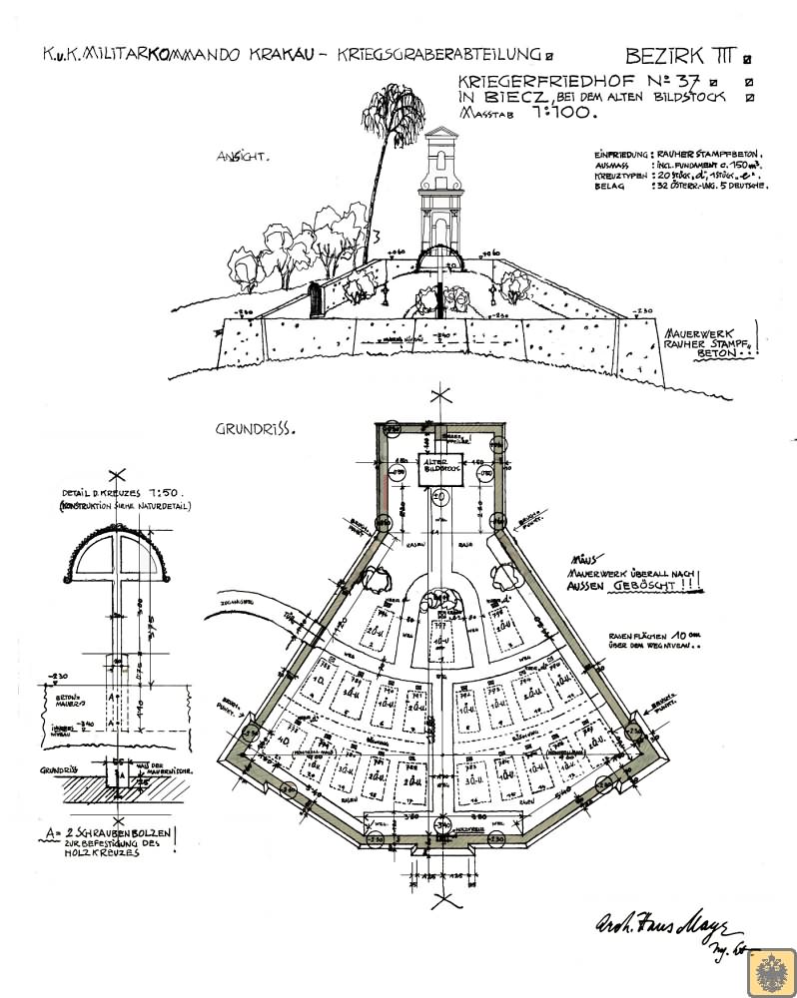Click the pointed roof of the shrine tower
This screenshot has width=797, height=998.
439,138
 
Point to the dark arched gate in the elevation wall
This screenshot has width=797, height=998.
317,300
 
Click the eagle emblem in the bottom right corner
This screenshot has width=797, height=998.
774,970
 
